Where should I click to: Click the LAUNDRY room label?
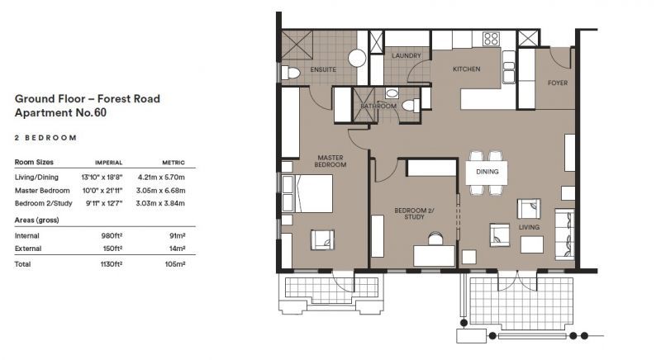pyautogui.click(x=407, y=55)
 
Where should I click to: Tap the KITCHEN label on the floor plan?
pyautogui.click(x=466, y=69)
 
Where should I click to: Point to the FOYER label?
pyautogui.click(x=558, y=83)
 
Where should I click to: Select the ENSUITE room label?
pyautogui.click(x=323, y=69)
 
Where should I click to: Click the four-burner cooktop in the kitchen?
pyautogui.click(x=491, y=39)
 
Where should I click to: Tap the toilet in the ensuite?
pyautogui.click(x=291, y=73)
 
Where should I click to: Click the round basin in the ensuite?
pyautogui.click(x=357, y=59)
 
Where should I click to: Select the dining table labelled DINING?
pyautogui.click(x=487, y=173)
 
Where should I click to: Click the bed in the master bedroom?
pyautogui.click(x=307, y=193)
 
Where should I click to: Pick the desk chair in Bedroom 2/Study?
pyautogui.click(x=435, y=239)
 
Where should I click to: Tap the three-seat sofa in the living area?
pyautogui.click(x=564, y=234)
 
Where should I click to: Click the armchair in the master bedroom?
pyautogui.click(x=322, y=240)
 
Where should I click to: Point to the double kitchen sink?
pyautogui.click(x=509, y=67)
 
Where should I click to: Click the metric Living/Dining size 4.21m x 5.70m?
pyautogui.click(x=161, y=178)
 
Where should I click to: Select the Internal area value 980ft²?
pyautogui.click(x=112, y=236)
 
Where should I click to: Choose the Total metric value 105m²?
pyautogui.click(x=175, y=264)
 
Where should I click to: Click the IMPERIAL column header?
pyautogui.click(x=109, y=163)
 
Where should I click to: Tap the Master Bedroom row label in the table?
pyautogui.click(x=42, y=191)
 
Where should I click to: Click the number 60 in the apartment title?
pyautogui.click(x=100, y=113)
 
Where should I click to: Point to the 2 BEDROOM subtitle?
pyautogui.click(x=45, y=138)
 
